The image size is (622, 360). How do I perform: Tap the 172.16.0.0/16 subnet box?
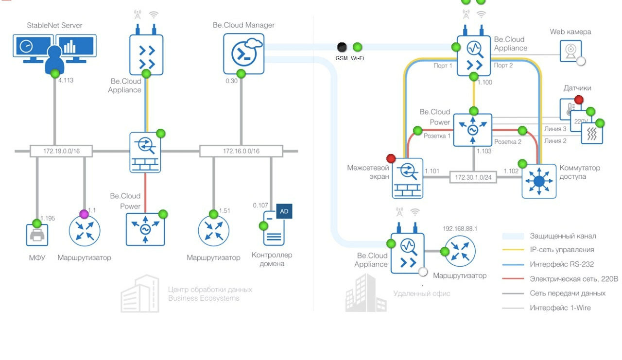[241, 151]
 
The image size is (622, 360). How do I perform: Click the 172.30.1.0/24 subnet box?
[473, 177]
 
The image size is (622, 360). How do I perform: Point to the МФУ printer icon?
[37, 236]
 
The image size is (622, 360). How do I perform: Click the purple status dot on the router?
[84, 214]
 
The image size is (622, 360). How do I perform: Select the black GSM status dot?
[342, 47]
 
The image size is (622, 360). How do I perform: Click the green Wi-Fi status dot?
[357, 47]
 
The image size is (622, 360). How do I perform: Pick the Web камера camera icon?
[570, 51]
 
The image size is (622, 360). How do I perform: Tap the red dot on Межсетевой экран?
[391, 159]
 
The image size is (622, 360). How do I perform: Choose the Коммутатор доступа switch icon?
[539, 181]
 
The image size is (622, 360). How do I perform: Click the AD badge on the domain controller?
[284, 211]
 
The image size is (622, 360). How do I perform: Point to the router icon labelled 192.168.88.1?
[460, 251]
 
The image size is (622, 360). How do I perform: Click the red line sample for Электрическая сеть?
[513, 279]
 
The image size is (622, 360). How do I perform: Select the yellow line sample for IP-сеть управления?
[513, 250]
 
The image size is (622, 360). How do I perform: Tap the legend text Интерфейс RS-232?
[562, 264]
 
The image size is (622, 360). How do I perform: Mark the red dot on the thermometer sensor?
[579, 100]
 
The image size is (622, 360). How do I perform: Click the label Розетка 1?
[437, 136]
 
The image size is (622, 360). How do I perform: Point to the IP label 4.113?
[66, 80]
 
